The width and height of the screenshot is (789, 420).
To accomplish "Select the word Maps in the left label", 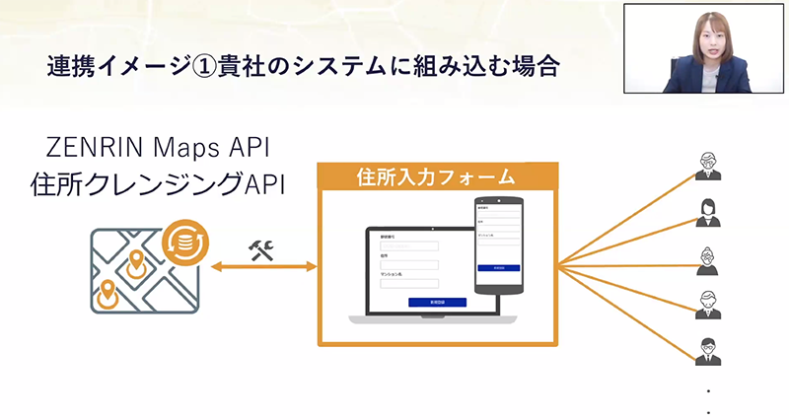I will coord(187,148).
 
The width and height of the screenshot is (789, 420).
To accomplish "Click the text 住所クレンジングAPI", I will coord(158,183).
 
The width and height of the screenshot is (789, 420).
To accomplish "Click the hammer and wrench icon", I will coord(261,248).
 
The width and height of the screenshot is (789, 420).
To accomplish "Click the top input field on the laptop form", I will coord(408,246).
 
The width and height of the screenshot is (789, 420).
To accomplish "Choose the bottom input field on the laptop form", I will coord(408,284).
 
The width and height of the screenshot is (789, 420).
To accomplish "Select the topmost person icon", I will coord(707,166).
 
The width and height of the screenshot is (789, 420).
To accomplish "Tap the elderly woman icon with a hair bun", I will coord(707,259).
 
